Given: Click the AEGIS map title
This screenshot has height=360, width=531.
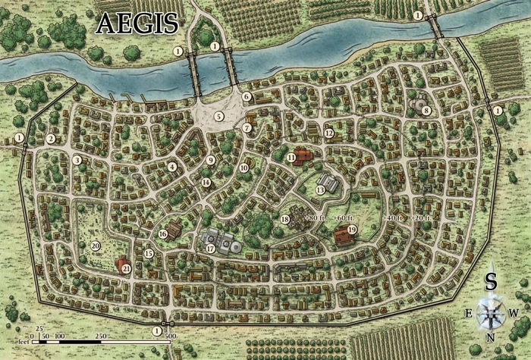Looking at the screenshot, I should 137,23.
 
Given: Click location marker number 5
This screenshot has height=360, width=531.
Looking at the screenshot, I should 219,116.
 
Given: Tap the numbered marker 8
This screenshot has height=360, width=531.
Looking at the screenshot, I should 427,111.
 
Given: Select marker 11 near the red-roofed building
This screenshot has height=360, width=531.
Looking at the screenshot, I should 291,157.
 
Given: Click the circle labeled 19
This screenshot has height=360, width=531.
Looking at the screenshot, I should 352,230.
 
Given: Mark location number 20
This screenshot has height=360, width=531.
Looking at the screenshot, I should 96,246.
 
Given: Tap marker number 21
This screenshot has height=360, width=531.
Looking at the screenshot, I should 127,268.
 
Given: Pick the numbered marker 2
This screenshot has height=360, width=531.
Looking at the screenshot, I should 51,139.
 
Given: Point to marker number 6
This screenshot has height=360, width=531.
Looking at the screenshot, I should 247,96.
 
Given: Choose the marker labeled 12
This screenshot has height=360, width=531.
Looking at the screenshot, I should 329,133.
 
